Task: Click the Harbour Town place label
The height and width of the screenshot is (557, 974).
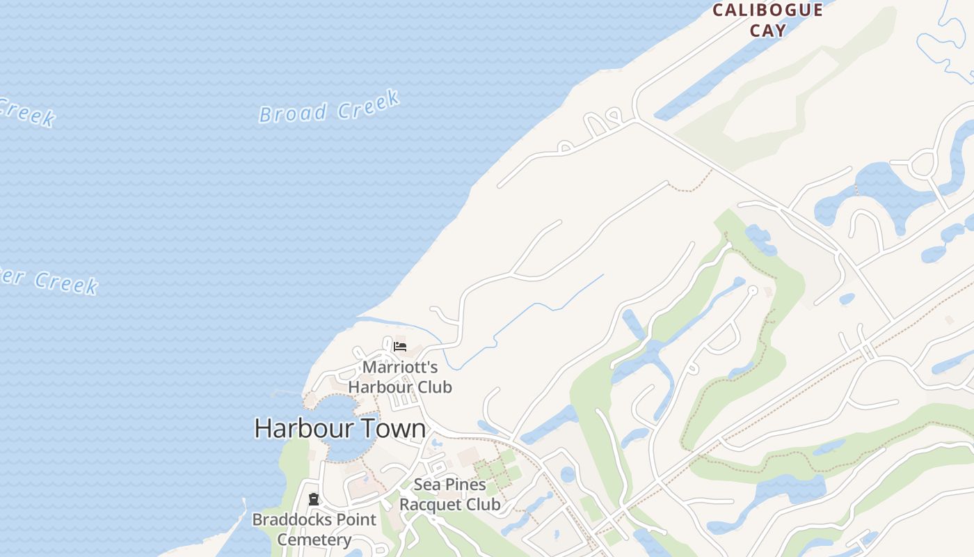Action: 340,427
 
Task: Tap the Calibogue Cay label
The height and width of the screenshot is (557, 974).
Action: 768,20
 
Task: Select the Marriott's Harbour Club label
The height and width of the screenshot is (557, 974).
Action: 400,377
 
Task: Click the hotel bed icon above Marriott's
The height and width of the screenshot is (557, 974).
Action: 400,346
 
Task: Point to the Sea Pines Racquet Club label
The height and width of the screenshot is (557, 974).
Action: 449,494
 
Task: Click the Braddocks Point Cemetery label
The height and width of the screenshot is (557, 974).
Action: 314,529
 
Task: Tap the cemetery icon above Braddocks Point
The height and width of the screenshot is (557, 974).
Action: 314,499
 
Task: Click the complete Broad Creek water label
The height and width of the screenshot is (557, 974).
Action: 329,107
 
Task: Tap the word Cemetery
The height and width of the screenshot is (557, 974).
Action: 314,540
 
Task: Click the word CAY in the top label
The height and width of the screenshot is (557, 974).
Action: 768,31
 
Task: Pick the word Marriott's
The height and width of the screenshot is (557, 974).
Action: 400,367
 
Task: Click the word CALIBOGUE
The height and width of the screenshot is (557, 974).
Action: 768,10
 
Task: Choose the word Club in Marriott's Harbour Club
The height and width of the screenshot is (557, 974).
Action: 431,387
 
